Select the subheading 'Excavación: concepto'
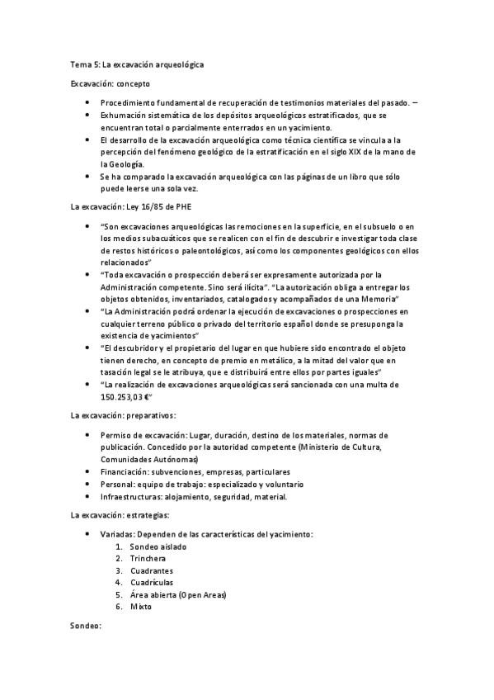[x=110, y=83]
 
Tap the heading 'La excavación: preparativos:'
[x=123, y=416]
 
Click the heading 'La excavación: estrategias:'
[x=120, y=515]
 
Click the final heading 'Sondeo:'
[x=86, y=627]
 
